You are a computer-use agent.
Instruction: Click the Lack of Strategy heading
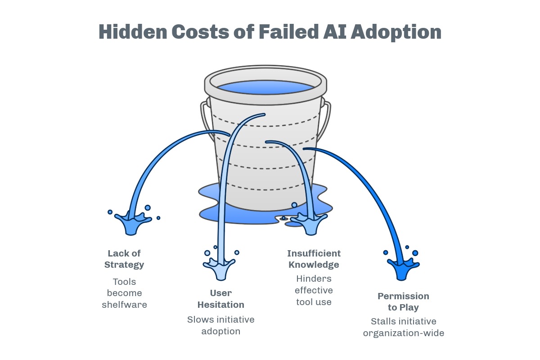(x=124, y=259)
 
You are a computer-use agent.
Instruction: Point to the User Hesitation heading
(x=221, y=299)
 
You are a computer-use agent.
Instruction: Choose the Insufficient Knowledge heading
(x=314, y=259)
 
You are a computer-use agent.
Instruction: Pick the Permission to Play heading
(x=403, y=301)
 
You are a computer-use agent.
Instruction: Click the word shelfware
(x=124, y=305)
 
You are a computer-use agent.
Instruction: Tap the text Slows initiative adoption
(x=221, y=325)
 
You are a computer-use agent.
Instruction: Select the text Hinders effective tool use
(x=314, y=290)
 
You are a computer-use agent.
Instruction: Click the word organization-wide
(x=403, y=333)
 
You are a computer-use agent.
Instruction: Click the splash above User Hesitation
(x=221, y=268)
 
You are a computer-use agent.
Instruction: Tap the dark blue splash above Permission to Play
(x=402, y=269)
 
